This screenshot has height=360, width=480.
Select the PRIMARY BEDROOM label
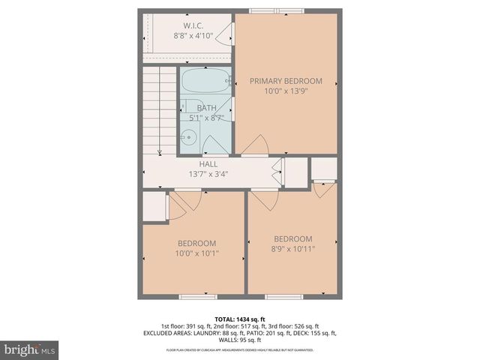click(286, 81)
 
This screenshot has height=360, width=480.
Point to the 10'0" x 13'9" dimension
click(286, 91)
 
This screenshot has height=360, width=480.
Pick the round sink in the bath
click(189, 137)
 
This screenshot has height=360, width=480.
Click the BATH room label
click(206, 108)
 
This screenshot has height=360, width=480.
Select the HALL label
click(208, 164)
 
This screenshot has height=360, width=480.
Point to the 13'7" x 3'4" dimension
click(208, 174)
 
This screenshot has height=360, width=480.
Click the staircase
click(158, 109)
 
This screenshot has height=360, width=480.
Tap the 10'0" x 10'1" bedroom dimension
click(196, 253)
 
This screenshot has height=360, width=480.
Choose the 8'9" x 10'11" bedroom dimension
click(292, 249)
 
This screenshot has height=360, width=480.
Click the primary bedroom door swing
click(256, 145)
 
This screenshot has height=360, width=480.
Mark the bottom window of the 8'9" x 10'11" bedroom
click(284, 296)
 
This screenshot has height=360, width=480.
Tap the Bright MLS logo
click(30, 349)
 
